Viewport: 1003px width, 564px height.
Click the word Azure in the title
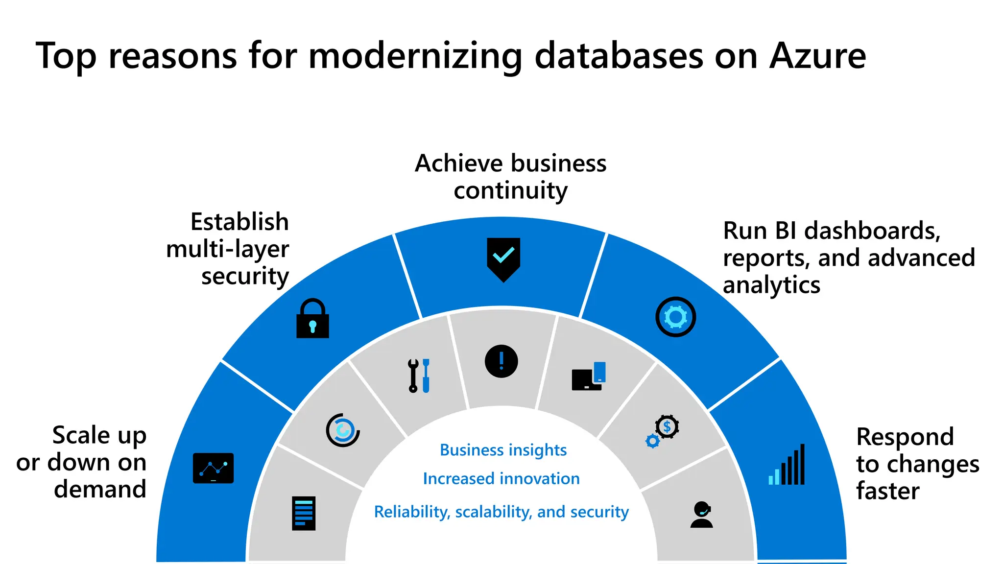point(817,56)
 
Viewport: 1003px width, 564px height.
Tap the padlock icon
point(312,319)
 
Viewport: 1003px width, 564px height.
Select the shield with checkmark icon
point(503,259)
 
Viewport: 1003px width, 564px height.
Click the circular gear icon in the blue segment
point(675,317)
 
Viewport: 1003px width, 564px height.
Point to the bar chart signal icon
point(787,465)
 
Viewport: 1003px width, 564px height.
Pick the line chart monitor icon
point(213,468)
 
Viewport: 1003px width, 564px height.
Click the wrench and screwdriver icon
point(419,376)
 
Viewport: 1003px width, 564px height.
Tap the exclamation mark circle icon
point(501,361)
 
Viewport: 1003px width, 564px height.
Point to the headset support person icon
point(701,515)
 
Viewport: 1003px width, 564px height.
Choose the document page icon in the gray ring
point(304,513)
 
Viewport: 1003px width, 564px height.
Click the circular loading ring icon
point(343,430)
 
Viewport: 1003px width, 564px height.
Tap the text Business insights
point(503,450)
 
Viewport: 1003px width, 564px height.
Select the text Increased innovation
point(501,478)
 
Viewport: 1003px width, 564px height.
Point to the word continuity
point(510,190)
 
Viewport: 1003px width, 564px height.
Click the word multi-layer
point(227,249)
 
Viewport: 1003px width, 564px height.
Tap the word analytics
point(771,285)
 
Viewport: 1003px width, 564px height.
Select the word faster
point(887,491)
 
